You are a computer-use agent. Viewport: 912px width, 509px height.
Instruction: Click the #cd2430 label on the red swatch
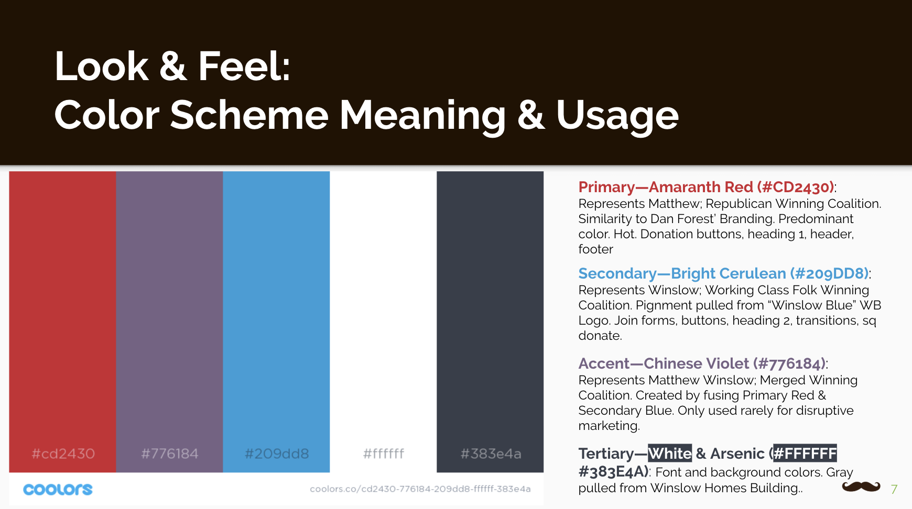tap(63, 453)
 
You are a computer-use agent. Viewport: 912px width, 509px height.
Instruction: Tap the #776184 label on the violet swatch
tap(170, 453)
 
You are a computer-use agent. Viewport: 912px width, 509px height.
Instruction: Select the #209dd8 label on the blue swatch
tap(277, 453)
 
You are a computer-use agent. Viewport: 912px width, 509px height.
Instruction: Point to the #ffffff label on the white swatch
tap(384, 453)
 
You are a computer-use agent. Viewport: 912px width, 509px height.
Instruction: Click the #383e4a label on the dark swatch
tap(491, 453)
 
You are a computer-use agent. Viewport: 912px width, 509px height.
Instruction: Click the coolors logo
tap(58, 490)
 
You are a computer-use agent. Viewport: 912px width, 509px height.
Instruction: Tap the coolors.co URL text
tap(420, 489)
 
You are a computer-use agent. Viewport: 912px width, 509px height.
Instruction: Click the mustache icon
tap(861, 487)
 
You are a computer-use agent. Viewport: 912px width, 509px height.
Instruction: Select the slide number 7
tap(894, 489)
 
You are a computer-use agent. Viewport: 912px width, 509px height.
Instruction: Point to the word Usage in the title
tap(617, 115)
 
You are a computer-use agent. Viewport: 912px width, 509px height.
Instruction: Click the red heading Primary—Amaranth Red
tap(706, 187)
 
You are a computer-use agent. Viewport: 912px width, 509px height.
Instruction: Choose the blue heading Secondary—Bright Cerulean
tap(723, 273)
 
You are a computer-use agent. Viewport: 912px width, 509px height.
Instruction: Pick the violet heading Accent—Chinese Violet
tap(702, 363)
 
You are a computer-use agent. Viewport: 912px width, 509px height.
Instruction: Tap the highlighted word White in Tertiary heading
tap(670, 453)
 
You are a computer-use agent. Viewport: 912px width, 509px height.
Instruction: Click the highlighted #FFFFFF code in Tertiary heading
tap(805, 453)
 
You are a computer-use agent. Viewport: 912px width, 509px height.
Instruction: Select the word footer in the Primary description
tap(596, 249)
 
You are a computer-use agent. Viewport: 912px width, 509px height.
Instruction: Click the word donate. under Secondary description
tap(600, 336)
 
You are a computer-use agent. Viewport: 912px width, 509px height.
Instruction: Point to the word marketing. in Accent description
tap(609, 426)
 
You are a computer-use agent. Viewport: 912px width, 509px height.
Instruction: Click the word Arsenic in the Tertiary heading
tap(737, 453)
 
